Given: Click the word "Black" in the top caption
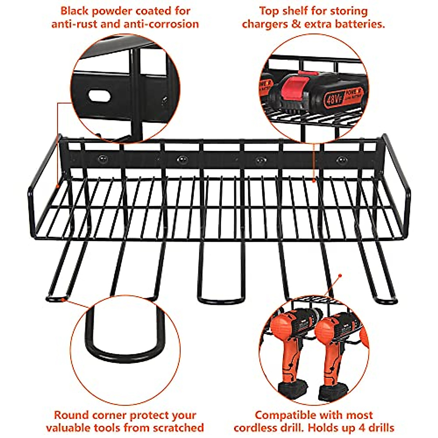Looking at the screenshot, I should (74, 11).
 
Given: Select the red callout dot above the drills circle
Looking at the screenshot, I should (340, 276).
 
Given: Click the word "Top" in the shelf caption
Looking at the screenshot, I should (269, 11).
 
